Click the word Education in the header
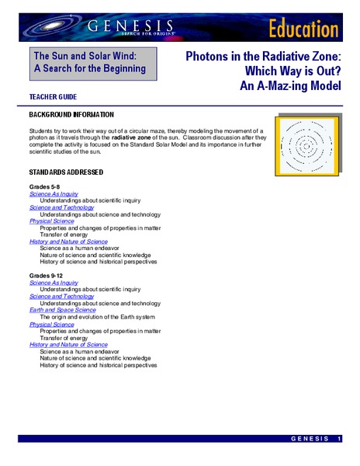[x=304, y=29]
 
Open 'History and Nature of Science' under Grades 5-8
[x=68, y=242]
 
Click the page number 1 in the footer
[x=340, y=440]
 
